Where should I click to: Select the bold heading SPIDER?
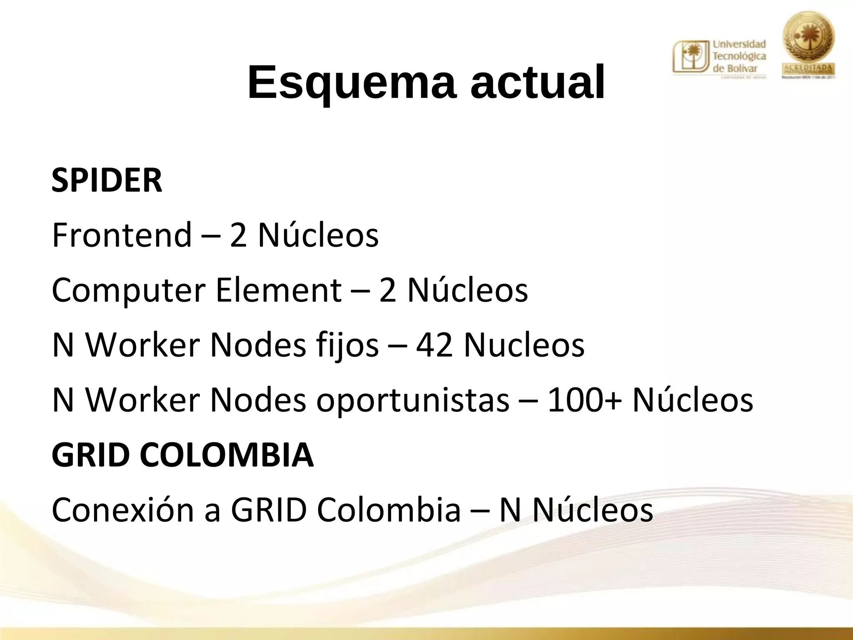click(107, 180)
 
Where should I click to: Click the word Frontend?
click(122, 235)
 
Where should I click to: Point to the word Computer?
click(128, 290)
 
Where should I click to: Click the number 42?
click(434, 345)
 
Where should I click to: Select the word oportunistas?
click(413, 400)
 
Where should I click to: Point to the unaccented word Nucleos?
click(524, 345)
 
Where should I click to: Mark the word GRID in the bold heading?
click(89, 455)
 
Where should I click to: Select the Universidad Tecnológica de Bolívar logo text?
click(740, 56)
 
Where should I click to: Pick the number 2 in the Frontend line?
click(238, 235)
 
